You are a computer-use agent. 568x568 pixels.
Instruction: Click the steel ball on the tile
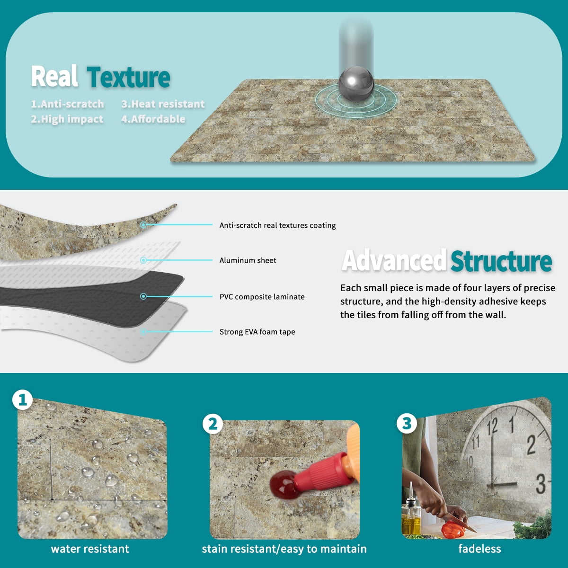tap(356, 83)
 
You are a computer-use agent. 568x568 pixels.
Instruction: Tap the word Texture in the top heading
tap(129, 77)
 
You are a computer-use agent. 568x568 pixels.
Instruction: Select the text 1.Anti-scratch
tap(68, 104)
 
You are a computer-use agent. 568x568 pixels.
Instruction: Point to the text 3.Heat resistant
tap(163, 104)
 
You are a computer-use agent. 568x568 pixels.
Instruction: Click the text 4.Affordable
tap(153, 119)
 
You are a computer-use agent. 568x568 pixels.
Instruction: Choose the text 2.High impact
tap(67, 119)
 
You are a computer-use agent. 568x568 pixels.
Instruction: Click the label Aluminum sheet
tap(248, 260)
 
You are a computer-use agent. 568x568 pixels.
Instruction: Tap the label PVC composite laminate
tap(262, 297)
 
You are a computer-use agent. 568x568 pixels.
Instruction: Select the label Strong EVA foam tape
tap(257, 332)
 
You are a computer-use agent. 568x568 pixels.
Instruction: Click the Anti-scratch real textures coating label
tap(278, 225)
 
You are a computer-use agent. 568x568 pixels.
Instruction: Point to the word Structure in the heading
tap(501, 261)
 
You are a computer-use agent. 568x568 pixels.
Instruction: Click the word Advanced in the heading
tap(394, 260)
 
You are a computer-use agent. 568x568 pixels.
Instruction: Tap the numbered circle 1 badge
tap(22, 400)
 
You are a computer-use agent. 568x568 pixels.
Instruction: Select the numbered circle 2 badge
tap(213, 424)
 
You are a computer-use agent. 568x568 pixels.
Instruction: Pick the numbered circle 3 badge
tap(407, 424)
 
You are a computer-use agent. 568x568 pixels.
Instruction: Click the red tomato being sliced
tap(453, 529)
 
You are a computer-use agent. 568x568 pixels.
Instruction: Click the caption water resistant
tap(90, 549)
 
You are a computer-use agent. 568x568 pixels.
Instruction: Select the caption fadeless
tap(479, 549)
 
